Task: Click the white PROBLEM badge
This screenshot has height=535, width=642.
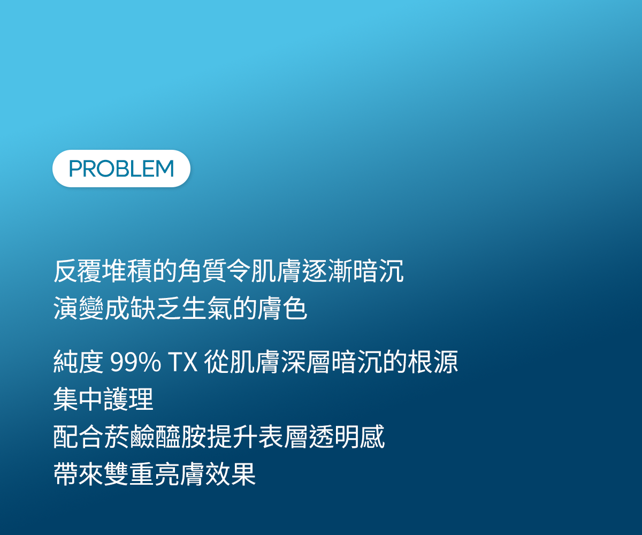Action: pos(121,169)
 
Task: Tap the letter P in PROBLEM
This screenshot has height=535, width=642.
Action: pos(75,169)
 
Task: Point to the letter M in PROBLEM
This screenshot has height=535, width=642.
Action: pos(165,169)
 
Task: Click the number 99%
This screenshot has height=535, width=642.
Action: pos(135,362)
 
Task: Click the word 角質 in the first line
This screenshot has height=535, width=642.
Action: pos(202,271)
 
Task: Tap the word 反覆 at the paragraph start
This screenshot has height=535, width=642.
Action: pos(78,271)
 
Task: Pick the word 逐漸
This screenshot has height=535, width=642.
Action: pos(327,271)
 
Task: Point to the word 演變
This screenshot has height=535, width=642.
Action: pos(79,308)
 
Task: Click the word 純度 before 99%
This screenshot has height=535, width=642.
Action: pos(79,362)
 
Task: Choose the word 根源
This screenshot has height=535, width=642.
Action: pos(433,362)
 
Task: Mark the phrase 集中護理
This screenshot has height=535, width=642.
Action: pos(103,399)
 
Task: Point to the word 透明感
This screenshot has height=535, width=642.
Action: pos(347,437)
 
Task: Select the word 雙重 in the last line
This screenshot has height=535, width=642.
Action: pos(129,474)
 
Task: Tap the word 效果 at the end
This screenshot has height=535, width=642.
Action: pos(231,474)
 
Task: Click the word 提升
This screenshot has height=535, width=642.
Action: pos(232,437)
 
